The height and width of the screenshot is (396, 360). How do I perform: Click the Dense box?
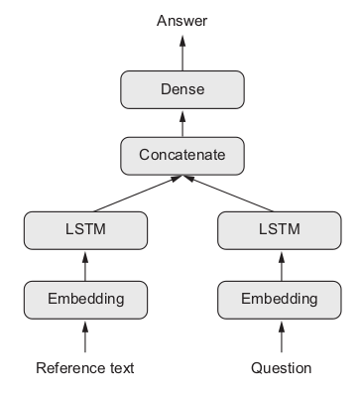[181, 89]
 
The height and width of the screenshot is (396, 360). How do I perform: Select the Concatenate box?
[181, 155]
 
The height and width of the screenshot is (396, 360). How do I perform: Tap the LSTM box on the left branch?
[84, 230]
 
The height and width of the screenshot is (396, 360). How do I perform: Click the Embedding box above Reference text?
[84, 297]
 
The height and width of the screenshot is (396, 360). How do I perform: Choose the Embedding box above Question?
[281, 297]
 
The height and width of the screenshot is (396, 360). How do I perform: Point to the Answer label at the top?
[181, 20]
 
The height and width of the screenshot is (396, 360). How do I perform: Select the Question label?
[281, 368]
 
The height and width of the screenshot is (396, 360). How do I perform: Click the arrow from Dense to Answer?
[181, 53]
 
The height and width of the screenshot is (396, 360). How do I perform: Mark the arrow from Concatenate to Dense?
[181, 122]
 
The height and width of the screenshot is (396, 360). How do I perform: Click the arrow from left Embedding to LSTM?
[84, 264]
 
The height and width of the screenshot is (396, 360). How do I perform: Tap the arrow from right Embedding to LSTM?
[281, 264]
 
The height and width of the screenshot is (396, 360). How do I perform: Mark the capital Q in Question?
[256, 368]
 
